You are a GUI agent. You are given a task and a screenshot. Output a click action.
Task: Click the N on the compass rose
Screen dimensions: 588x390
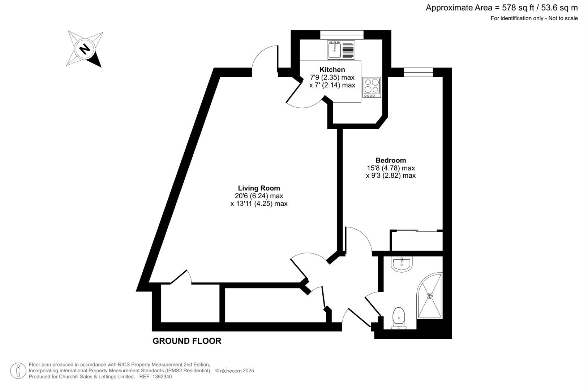85,49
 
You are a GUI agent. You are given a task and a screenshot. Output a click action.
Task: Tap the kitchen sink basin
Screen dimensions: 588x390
334,50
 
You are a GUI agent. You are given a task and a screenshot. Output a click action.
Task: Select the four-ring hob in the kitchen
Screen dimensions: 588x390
372,87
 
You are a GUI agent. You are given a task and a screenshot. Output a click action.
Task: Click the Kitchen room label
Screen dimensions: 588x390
332,69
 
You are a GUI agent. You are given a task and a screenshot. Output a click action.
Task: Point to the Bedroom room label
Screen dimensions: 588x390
391,160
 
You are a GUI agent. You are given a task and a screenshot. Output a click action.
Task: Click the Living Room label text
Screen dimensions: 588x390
259,188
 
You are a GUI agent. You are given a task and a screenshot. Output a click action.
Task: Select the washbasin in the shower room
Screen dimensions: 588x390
402,264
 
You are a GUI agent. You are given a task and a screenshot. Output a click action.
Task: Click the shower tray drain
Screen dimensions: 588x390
430,296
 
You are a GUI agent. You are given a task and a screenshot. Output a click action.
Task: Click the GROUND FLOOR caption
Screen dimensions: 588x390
187,341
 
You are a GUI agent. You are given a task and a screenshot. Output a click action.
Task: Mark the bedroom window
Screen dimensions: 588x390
418,72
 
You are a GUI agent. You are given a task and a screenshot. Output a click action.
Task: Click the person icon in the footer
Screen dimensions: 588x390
18,371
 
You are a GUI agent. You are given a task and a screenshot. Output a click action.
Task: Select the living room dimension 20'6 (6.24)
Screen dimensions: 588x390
252,196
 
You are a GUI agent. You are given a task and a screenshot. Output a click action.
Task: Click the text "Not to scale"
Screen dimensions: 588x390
563,18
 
